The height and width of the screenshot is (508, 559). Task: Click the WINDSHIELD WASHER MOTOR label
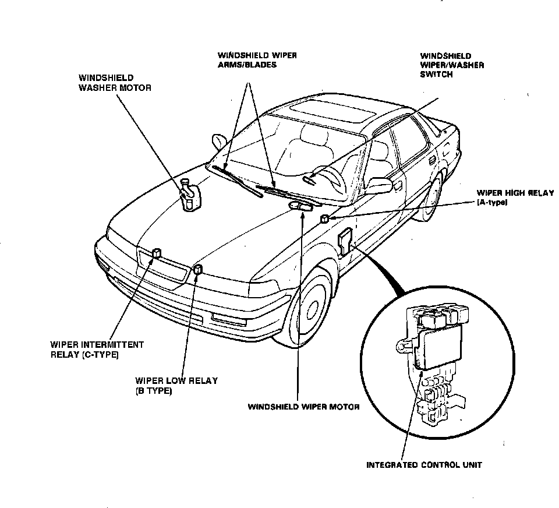pyautogui.click(x=115, y=82)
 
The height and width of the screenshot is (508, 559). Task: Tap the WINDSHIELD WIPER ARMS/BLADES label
pyautogui.click(x=257, y=60)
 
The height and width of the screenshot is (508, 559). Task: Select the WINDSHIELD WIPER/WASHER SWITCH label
pyautogui.click(x=452, y=65)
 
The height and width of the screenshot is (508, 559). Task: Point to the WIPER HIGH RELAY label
pyautogui.click(x=515, y=197)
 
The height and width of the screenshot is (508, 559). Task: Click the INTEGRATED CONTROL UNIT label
pyautogui.click(x=423, y=465)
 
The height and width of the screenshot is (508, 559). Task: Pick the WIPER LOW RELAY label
pyautogui.click(x=176, y=386)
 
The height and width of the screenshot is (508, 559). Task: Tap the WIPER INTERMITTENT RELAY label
pyautogui.click(x=97, y=350)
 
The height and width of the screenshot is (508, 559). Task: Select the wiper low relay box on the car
pyautogui.click(x=198, y=269)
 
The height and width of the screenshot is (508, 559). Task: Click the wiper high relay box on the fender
pyautogui.click(x=324, y=219)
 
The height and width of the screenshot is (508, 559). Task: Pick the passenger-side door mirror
pyautogui.click(x=219, y=141)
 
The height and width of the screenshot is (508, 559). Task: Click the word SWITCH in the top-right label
pyautogui.click(x=436, y=75)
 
